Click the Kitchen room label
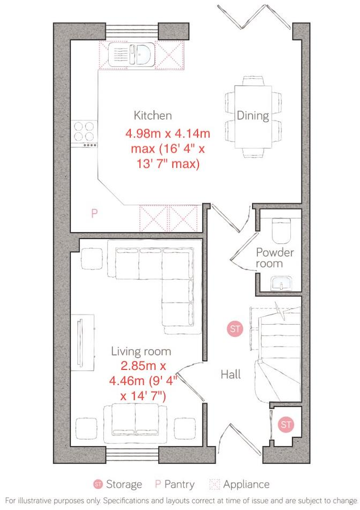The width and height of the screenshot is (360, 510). (153, 115)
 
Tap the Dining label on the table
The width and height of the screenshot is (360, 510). (253, 116)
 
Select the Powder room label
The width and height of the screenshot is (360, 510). (275, 258)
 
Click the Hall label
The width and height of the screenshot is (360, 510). (230, 374)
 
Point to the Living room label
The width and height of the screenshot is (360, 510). (141, 351)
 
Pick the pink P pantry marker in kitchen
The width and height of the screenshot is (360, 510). (94, 214)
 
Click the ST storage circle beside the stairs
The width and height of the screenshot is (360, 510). (234, 329)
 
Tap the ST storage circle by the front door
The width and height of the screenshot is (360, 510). (287, 424)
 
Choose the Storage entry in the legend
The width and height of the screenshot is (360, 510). (118, 484)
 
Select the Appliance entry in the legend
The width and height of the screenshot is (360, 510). (238, 484)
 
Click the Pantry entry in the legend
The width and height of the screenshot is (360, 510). (175, 484)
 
